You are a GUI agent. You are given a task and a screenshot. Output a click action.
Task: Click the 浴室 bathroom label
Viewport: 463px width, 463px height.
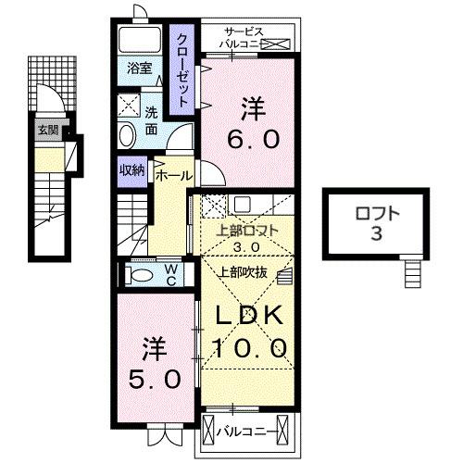pyautogui.click(x=137, y=67)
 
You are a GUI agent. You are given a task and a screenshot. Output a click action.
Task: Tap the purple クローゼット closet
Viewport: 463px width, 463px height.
pyautogui.click(x=184, y=69)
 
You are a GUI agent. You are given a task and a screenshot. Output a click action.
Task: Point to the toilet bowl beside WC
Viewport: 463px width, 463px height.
pyautogui.click(x=142, y=275)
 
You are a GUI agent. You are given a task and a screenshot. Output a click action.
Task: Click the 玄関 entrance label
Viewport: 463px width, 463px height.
pyautogui.click(x=47, y=130)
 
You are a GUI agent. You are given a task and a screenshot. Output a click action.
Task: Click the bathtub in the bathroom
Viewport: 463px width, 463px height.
pyautogui.click(x=140, y=39)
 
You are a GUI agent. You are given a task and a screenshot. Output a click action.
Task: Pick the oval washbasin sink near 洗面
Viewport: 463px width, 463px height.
pyautogui.click(x=127, y=135)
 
